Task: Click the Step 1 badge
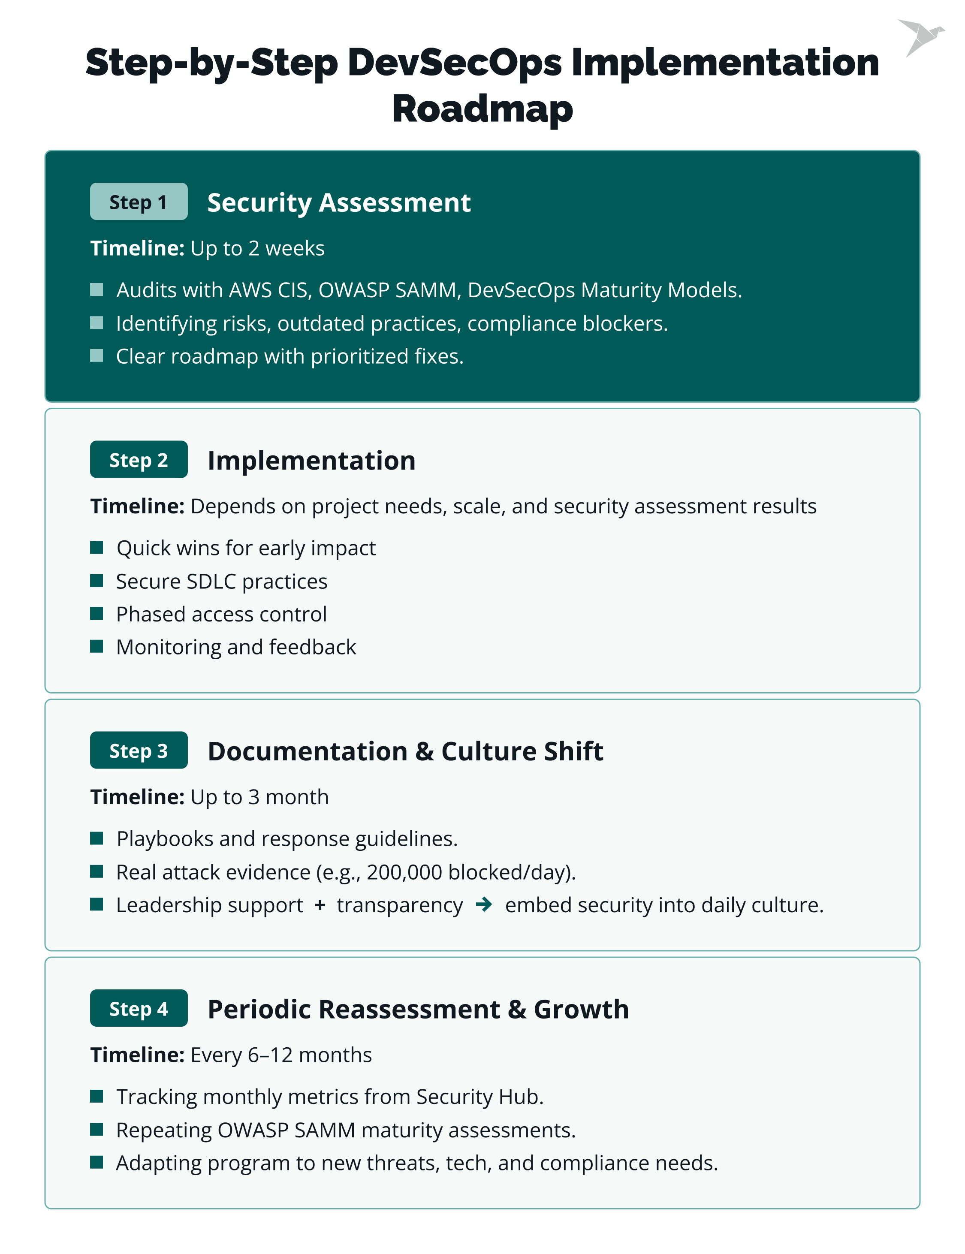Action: [139, 202]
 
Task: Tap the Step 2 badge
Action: [139, 459]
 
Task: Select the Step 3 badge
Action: [139, 750]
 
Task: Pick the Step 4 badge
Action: [139, 1008]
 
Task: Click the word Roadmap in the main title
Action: [482, 109]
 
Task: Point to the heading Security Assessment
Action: [339, 203]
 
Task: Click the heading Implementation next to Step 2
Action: [311, 461]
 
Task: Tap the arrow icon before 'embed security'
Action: [483, 904]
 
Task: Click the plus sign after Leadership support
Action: [320, 905]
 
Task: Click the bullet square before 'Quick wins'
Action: [96, 547]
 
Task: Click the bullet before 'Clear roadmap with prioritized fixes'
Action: [96, 356]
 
